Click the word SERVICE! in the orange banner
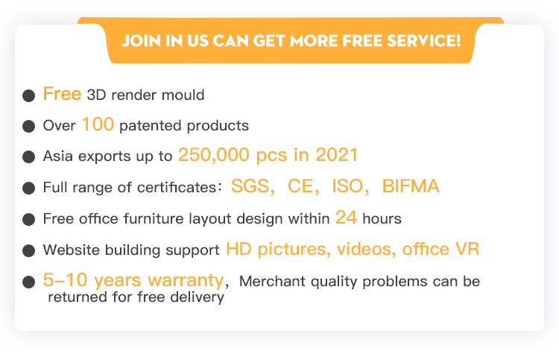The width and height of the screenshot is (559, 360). pos(424,41)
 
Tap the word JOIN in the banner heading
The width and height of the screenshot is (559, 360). pos(141,41)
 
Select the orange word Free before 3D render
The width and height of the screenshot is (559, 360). pos(62,94)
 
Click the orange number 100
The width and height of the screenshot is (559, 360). pos(98,124)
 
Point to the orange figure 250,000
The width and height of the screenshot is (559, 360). pos(214,155)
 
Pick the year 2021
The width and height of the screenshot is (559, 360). pos(337,155)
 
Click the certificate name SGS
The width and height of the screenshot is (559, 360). pos(250,186)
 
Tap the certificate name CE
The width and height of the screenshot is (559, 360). pos(301,186)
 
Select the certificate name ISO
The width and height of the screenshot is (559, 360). pos(347,186)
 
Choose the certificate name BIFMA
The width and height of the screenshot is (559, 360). pos(411,186)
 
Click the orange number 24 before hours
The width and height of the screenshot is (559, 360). pos(346,217)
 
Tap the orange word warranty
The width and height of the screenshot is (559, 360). pos(186,280)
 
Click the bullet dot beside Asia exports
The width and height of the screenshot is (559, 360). pos(28,157)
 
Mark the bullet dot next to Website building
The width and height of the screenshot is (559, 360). pos(28,250)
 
